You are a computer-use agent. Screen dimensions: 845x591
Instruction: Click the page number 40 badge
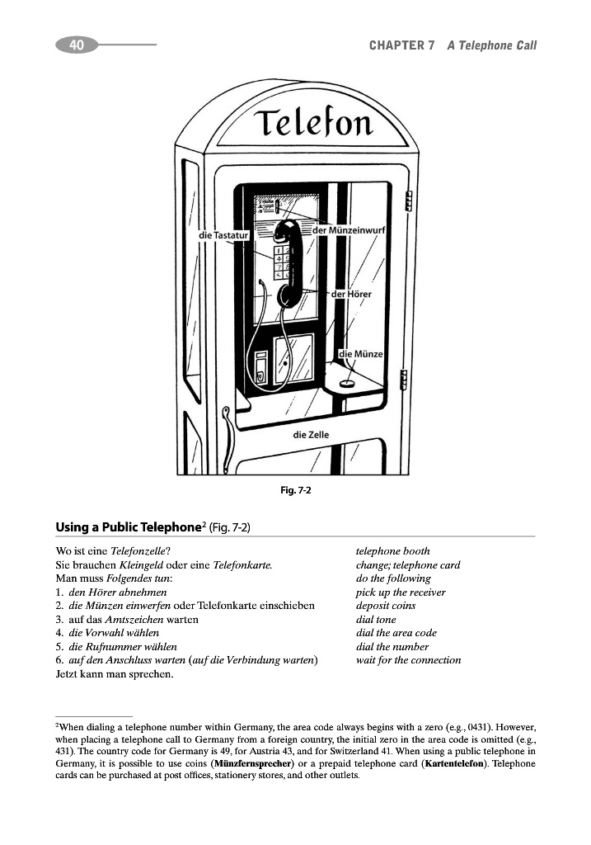point(77,45)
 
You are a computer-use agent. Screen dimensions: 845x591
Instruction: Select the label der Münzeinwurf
point(350,229)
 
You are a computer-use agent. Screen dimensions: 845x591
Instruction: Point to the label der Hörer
point(352,294)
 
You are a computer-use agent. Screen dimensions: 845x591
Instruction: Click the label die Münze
point(361,354)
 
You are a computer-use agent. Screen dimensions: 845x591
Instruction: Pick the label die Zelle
point(311,434)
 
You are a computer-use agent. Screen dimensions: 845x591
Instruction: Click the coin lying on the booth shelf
point(348,382)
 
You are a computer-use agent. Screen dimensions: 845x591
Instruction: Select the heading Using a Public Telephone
point(129,526)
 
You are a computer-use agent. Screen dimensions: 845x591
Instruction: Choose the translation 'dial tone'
point(376,620)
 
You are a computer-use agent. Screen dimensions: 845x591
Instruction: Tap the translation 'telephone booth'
point(392,551)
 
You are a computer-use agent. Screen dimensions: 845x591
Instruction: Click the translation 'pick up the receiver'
point(401,592)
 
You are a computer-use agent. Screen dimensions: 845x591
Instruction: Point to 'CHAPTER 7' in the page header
point(401,45)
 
